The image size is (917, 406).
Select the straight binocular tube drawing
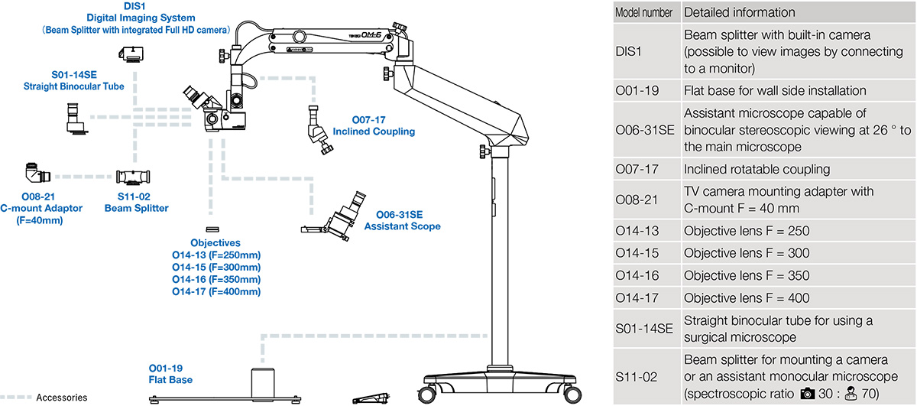tap(75, 119)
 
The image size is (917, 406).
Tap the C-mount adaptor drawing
tap(34, 174)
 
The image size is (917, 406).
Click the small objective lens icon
tap(212, 229)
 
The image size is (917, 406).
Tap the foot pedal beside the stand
tap(372, 397)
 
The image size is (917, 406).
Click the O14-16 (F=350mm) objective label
tap(216, 280)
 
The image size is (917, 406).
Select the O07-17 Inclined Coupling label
tap(374, 125)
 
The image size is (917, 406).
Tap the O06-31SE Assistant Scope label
tap(402, 220)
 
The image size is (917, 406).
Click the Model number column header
tap(644, 13)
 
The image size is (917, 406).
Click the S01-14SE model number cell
tap(644, 329)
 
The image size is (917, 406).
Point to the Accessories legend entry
tap(61, 398)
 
